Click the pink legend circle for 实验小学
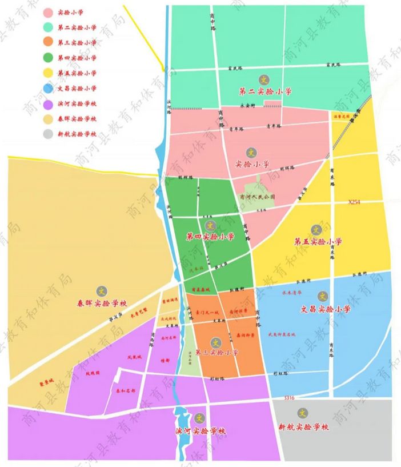(48, 12)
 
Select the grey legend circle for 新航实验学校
(48, 134)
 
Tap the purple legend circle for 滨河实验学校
(48, 103)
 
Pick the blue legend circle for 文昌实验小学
(48, 88)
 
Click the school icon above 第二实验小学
(263, 79)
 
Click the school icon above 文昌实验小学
(323, 297)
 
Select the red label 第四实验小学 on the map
(210, 236)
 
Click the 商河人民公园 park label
(258, 196)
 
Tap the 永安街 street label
(246, 106)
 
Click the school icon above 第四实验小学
(210, 225)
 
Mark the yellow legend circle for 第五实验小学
(48, 73)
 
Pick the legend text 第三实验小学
(77, 43)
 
